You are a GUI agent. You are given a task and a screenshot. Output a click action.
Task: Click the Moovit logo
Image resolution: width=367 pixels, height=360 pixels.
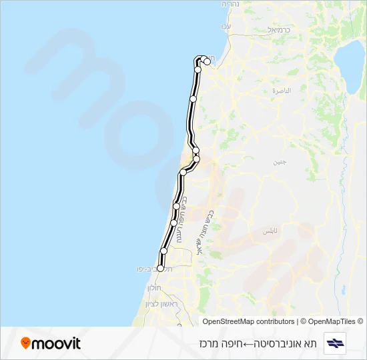point(51,343)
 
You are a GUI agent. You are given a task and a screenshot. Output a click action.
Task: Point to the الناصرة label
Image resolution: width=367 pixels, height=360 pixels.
point(282,90)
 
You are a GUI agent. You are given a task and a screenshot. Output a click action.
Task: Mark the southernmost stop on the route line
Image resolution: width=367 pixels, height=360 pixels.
point(160,268)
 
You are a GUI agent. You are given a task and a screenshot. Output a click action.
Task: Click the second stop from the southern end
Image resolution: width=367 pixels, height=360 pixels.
point(164,251)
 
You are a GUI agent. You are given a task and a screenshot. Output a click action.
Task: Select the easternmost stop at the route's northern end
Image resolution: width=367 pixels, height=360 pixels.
point(208,62)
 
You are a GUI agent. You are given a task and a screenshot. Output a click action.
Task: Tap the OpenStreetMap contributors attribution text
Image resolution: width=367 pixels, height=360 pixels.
point(248,321)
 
